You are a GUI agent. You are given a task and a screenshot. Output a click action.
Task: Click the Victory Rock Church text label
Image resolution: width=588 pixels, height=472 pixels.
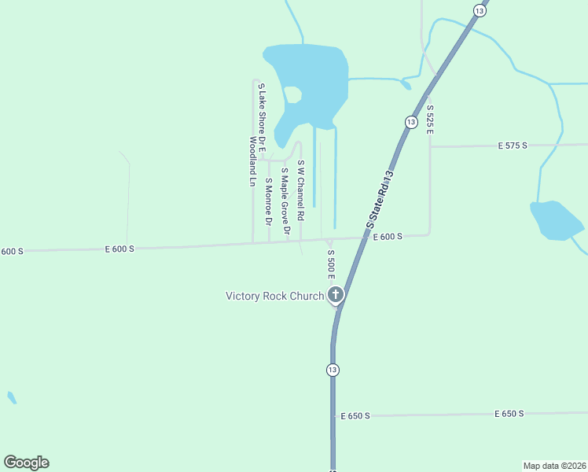click(274, 297)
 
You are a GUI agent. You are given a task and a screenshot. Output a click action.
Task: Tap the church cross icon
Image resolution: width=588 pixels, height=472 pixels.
click(336, 296)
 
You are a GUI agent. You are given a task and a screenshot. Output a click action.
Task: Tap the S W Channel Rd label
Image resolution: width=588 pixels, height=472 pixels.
click(300, 190)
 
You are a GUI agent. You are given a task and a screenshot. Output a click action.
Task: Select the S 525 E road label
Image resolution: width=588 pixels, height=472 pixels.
click(430, 118)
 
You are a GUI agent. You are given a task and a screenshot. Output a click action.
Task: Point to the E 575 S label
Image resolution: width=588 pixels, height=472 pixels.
click(513, 146)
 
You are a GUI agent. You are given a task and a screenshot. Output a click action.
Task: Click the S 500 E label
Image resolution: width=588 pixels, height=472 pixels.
click(331, 264)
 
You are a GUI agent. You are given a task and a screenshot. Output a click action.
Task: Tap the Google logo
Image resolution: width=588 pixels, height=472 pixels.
click(26, 463)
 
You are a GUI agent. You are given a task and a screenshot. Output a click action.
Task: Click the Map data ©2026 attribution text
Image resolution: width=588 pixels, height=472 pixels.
click(554, 465)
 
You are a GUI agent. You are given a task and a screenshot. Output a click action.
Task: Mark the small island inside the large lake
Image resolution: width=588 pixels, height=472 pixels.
click(292, 94)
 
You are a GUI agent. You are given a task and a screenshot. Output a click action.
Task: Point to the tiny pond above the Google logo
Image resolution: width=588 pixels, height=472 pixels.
click(11, 397)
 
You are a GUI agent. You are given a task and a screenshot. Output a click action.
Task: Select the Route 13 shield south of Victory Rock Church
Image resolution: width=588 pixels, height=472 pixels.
click(333, 369)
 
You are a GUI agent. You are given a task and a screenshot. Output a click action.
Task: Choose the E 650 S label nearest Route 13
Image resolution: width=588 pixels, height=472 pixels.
click(355, 415)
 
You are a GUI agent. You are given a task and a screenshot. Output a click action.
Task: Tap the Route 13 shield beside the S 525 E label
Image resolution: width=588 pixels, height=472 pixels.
click(410, 122)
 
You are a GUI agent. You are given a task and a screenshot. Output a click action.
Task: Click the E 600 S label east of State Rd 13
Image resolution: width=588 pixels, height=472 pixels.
click(388, 237)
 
